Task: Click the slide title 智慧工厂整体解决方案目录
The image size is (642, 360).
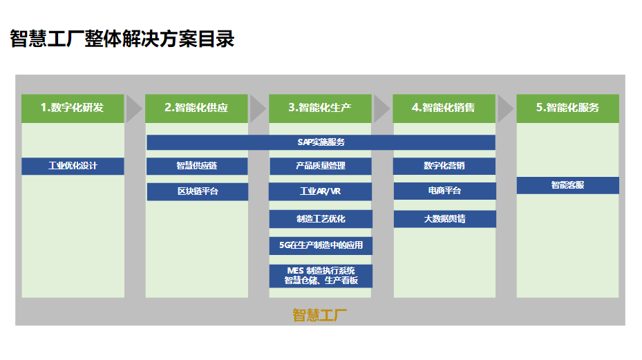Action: click(x=122, y=39)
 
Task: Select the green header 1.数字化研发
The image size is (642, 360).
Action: click(x=73, y=108)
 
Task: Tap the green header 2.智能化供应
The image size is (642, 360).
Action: click(x=196, y=108)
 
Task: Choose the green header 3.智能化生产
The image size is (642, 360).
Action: click(x=320, y=108)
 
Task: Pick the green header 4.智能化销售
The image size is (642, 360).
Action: click(x=444, y=108)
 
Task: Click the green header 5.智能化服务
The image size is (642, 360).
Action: click(x=567, y=108)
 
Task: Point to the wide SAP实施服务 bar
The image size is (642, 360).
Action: click(x=321, y=142)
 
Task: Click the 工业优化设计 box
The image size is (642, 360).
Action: click(x=73, y=166)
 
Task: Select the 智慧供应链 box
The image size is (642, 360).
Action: click(x=196, y=166)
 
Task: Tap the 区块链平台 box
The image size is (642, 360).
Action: click(x=196, y=191)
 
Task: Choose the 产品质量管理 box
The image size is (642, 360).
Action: click(x=320, y=166)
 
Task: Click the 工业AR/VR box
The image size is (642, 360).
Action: click(x=320, y=191)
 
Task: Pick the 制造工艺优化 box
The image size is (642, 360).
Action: click(x=320, y=219)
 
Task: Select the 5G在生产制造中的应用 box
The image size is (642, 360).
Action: click(x=320, y=245)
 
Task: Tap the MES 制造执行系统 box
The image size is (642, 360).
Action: click(x=320, y=275)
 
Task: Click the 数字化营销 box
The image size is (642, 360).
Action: click(x=444, y=166)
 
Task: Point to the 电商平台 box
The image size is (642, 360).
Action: click(x=444, y=191)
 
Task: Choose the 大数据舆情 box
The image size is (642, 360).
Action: click(x=444, y=219)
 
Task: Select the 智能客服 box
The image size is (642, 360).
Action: click(x=567, y=185)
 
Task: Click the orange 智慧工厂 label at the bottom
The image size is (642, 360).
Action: click(x=320, y=315)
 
